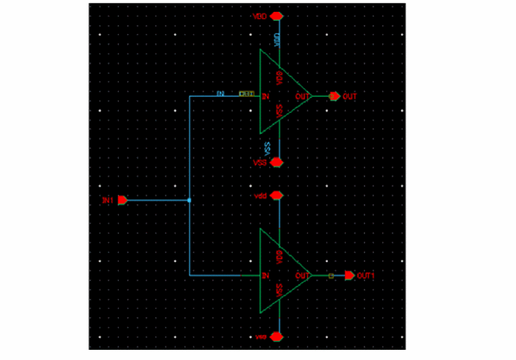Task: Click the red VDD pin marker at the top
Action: click(x=276, y=16)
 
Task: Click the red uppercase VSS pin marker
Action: click(x=277, y=162)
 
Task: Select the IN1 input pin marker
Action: click(x=122, y=200)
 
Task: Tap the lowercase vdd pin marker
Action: click(x=276, y=196)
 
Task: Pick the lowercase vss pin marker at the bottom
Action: click(x=276, y=337)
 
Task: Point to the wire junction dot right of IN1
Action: click(x=190, y=200)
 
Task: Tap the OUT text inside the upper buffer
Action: click(x=302, y=96)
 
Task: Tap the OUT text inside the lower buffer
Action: click(x=302, y=275)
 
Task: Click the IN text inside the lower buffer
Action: click(x=265, y=275)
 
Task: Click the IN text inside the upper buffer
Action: click(x=265, y=96)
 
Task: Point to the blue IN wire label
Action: click(x=220, y=94)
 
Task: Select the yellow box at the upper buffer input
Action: click(x=246, y=94)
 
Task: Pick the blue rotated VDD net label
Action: click(x=277, y=40)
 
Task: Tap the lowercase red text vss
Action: click(x=261, y=337)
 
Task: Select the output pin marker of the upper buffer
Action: click(x=334, y=96)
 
